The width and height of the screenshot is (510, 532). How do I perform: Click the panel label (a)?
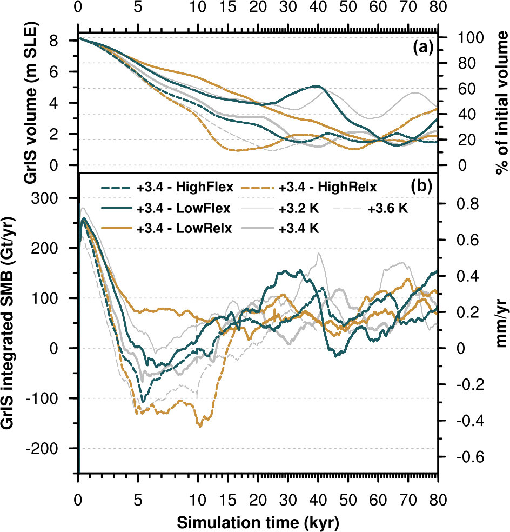click(422, 48)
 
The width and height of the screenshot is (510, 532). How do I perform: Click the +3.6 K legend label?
click(388, 208)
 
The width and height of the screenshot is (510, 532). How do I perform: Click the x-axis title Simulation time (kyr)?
click(258, 522)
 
